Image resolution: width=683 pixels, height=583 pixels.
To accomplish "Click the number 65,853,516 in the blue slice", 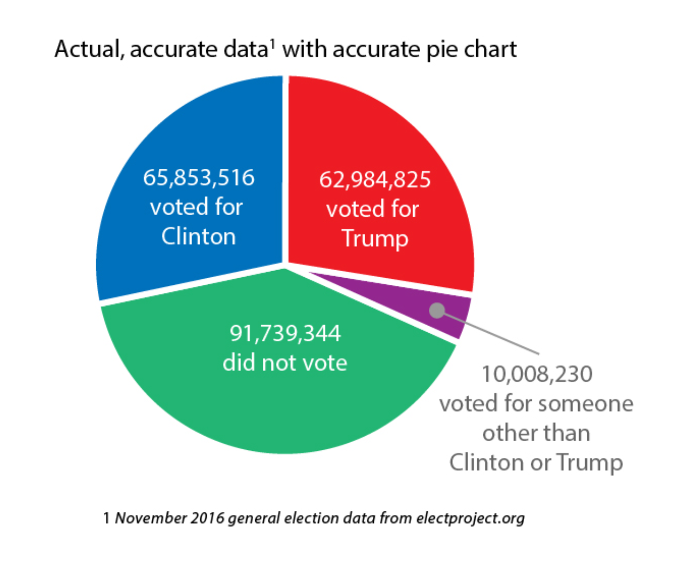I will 199,178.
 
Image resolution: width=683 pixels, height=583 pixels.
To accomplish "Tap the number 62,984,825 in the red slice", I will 375,180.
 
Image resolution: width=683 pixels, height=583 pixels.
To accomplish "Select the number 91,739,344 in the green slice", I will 285,333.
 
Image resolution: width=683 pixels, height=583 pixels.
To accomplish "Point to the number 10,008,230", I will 537,374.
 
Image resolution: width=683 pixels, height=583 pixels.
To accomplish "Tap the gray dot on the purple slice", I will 437,310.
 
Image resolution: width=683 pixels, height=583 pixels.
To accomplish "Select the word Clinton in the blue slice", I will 198,237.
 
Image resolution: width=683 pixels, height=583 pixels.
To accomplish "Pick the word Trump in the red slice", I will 375,238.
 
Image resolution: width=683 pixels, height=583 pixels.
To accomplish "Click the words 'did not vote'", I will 285,363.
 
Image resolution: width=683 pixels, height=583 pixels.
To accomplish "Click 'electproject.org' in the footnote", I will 470,518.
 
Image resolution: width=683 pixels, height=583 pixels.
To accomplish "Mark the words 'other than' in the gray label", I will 536,433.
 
